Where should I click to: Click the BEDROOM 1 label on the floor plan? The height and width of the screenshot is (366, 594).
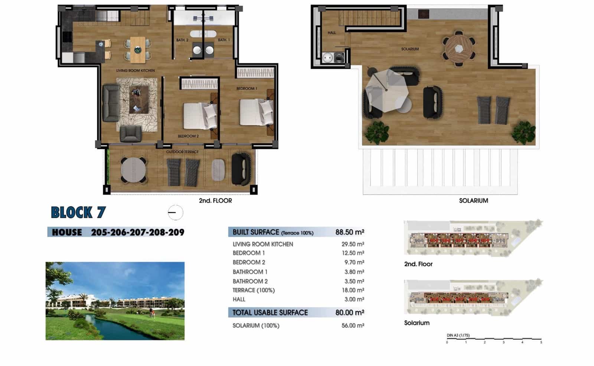click(x=247, y=88)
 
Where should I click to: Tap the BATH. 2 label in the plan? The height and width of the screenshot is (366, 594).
click(x=182, y=40)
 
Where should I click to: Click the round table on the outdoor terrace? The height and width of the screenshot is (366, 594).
click(x=133, y=170)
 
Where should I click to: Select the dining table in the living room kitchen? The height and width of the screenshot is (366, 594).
click(x=138, y=49)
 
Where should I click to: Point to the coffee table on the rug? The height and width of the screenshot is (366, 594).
click(x=139, y=99)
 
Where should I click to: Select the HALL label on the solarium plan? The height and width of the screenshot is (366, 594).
click(x=332, y=33)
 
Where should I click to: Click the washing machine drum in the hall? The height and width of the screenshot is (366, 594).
click(x=328, y=58)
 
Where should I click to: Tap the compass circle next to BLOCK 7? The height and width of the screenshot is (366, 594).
click(x=175, y=213)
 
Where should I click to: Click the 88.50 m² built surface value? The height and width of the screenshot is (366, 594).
click(x=349, y=232)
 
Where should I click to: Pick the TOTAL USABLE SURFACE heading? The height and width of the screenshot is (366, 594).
click(x=270, y=312)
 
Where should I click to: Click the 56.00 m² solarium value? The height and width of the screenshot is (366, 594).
click(x=352, y=325)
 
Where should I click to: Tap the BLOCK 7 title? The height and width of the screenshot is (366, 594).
click(x=78, y=213)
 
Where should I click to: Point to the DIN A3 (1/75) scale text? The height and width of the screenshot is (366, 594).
click(x=458, y=335)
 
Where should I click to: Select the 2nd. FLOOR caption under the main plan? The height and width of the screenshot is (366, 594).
click(x=215, y=201)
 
